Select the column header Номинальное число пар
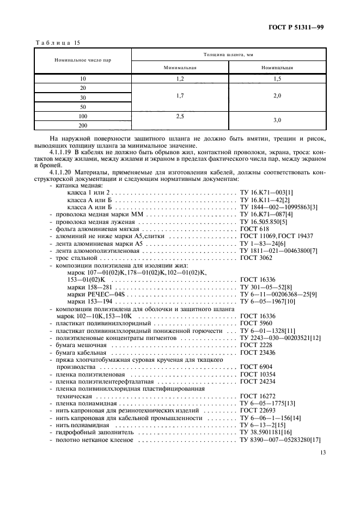click(x=83, y=60)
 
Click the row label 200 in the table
click(x=83, y=125)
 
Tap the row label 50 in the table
click(x=83, y=107)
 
